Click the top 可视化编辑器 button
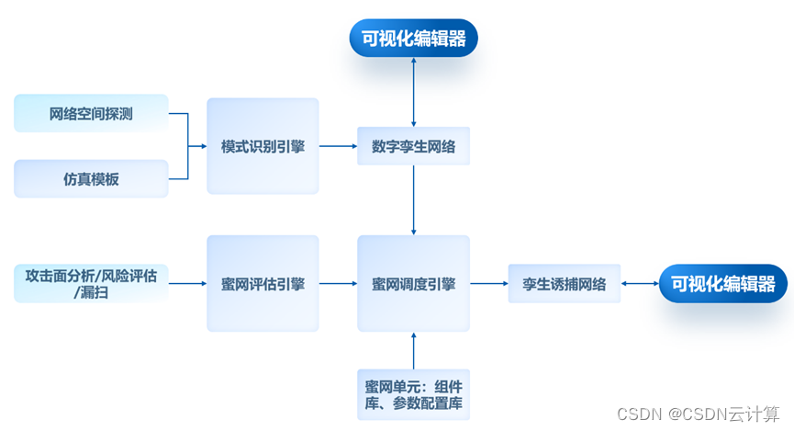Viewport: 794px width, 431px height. click(x=413, y=39)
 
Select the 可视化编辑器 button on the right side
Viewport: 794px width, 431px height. click(x=722, y=284)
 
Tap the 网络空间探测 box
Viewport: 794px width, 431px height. click(x=91, y=114)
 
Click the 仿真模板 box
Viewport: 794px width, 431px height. click(x=91, y=179)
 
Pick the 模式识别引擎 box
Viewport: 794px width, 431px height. click(x=263, y=146)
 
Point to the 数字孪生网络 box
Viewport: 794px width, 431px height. click(x=413, y=146)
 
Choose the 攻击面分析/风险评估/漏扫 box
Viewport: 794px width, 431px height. click(x=91, y=284)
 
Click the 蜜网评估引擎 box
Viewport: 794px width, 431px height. click(x=263, y=284)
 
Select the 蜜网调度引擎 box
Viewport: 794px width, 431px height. click(x=413, y=284)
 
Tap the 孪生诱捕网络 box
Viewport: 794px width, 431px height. click(x=564, y=284)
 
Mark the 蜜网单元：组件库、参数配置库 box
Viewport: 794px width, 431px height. click(x=413, y=394)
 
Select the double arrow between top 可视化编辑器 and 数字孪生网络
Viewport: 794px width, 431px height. click(x=414, y=92)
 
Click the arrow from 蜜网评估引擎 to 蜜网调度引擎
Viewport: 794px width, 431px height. click(x=338, y=284)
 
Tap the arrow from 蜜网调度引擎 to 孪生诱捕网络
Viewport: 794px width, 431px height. click(x=488, y=284)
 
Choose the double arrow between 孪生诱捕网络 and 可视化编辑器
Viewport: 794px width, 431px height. click(x=639, y=284)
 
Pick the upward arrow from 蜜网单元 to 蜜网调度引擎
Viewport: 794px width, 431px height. click(x=414, y=350)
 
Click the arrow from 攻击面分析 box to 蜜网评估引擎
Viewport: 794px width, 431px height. click(x=187, y=284)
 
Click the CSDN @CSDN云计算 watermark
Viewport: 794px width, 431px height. click(x=698, y=414)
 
